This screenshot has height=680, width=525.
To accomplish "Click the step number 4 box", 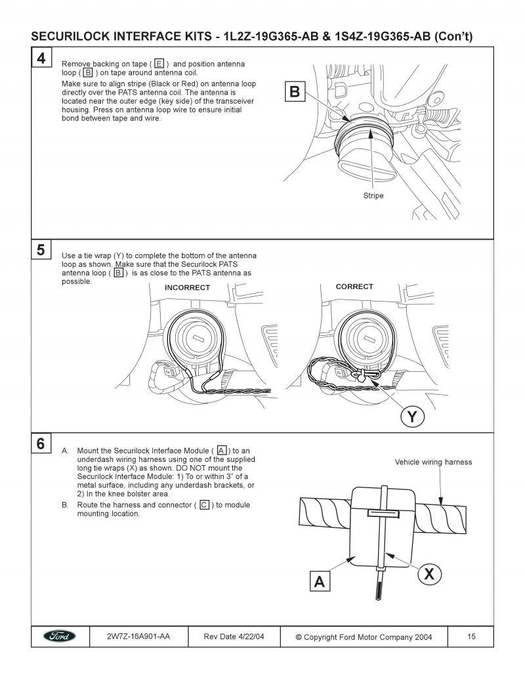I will [41, 58].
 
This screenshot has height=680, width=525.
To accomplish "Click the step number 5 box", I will [41, 250].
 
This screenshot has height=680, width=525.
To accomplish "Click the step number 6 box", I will [41, 443].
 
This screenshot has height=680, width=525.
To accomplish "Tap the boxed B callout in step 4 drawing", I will [295, 92].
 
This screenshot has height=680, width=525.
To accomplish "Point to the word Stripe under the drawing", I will [373, 196].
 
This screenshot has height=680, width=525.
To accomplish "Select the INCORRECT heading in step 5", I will [187, 288].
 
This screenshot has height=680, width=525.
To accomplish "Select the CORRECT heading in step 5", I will [354, 286].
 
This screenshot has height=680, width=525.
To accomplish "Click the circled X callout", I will [429, 574].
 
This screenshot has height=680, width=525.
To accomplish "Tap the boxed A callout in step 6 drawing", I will [320, 581].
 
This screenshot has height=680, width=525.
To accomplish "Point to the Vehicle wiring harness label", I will [433, 462].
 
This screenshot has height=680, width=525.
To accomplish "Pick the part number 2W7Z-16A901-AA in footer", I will [138, 637].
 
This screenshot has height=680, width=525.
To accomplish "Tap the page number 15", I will [471, 637].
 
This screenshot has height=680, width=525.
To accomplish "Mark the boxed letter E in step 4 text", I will [159, 64].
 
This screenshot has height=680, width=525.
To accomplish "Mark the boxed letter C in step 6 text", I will [204, 505].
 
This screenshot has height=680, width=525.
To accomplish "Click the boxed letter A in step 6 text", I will [222, 450].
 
